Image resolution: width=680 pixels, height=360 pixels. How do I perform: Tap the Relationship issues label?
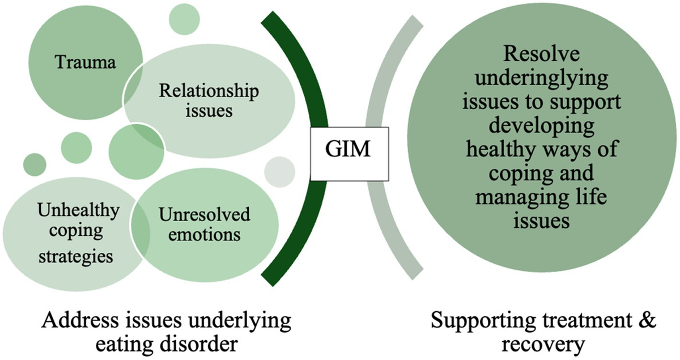coord(210,100)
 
